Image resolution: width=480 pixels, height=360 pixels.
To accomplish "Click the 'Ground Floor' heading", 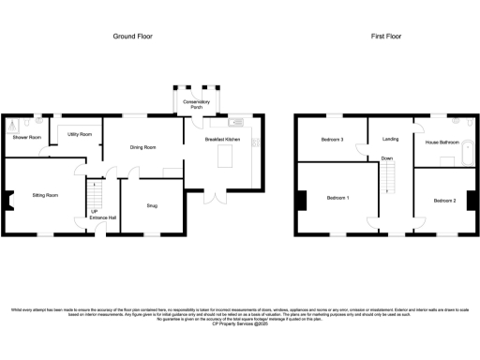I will pyautogui.click(x=133, y=37).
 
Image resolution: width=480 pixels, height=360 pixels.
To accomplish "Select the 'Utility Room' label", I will pyautogui.click(x=79, y=135).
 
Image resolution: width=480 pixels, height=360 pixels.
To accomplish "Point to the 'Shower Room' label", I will pyautogui.click(x=26, y=138).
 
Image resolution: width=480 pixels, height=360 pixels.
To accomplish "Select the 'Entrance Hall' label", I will pyautogui.click(x=103, y=217).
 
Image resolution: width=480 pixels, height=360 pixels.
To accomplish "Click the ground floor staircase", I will pyautogui.click(x=94, y=196).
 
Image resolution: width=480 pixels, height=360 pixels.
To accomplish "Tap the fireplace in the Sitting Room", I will pyautogui.click(x=8, y=199).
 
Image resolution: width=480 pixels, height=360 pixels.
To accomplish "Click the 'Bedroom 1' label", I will pyautogui.click(x=338, y=199).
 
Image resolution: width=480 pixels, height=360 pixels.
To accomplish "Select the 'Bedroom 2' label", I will pyautogui.click(x=444, y=201).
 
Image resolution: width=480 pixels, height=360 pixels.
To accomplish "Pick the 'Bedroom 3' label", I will pyautogui.click(x=332, y=140).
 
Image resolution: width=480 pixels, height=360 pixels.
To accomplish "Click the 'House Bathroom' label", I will pyautogui.click(x=442, y=142).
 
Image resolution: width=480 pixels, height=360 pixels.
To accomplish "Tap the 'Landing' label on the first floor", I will pyautogui.click(x=390, y=140).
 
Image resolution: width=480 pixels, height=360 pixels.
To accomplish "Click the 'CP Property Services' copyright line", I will pyautogui.click(x=240, y=323).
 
